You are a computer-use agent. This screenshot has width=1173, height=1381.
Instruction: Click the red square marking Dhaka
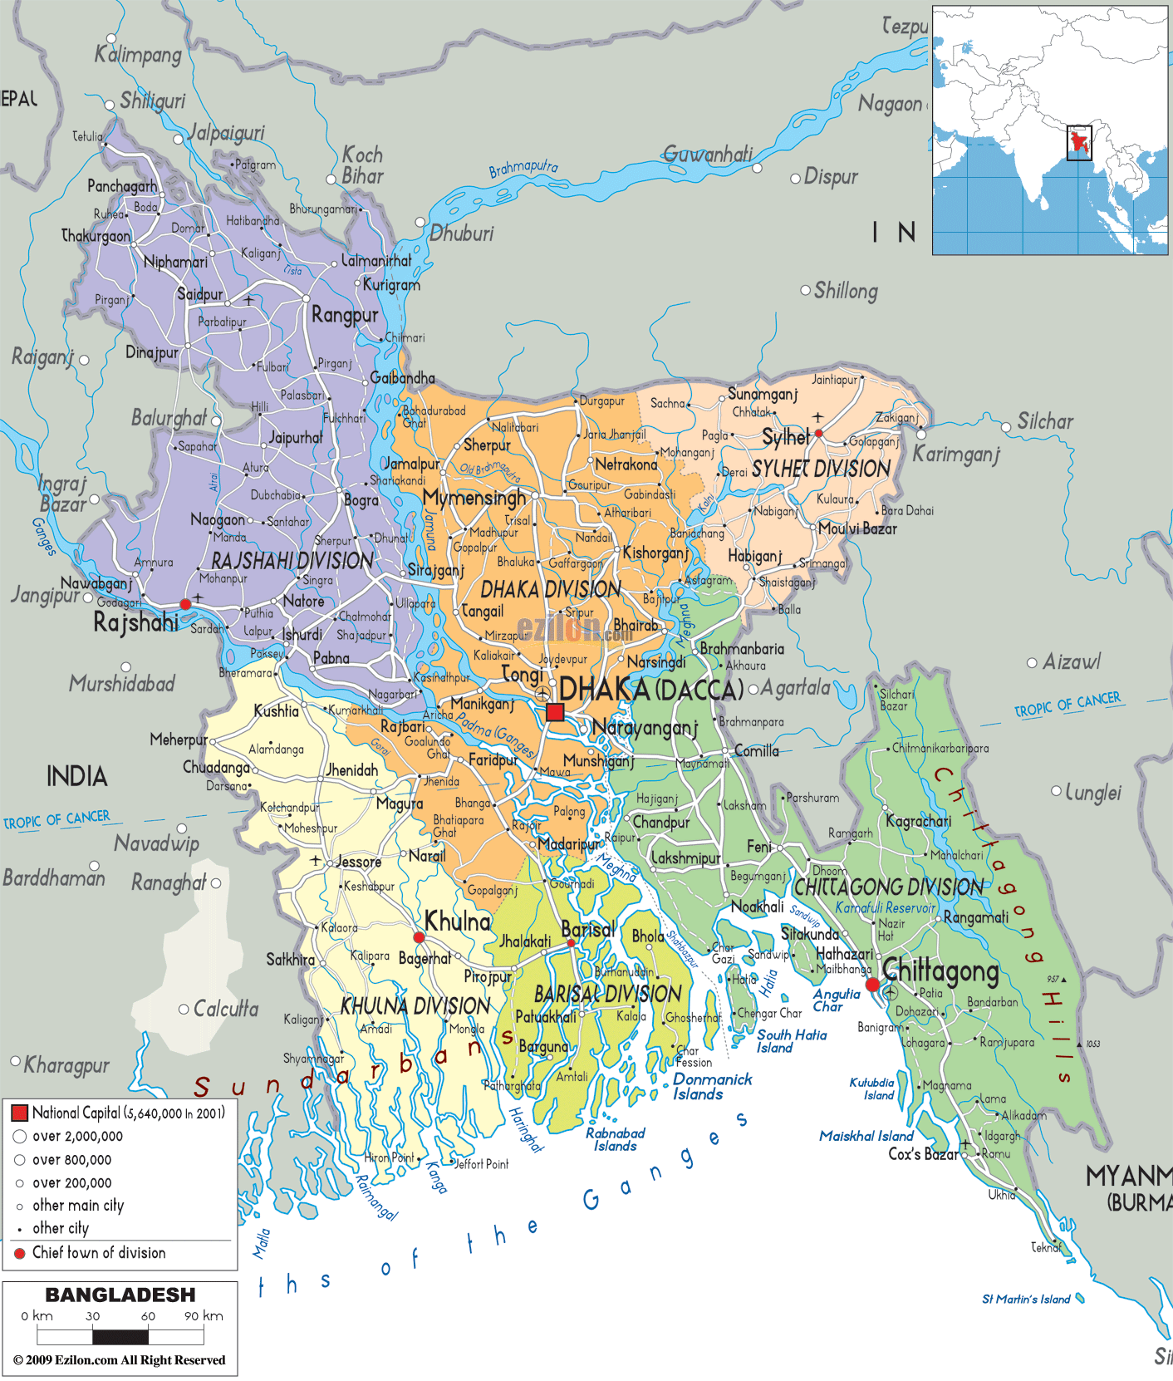[555, 712]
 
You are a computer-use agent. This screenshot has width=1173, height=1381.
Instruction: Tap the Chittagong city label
[940, 970]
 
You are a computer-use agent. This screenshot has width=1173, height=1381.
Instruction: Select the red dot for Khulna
[419, 937]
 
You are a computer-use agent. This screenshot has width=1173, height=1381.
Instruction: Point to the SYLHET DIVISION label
[821, 469]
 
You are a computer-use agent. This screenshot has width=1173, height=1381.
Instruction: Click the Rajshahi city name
[135, 622]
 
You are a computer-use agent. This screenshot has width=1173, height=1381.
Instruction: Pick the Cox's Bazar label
[923, 1153]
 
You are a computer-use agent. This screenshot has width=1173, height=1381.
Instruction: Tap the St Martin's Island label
[1026, 1299]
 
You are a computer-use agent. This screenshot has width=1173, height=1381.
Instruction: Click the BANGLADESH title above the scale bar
[120, 1295]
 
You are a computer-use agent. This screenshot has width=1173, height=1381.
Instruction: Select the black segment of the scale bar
[120, 1337]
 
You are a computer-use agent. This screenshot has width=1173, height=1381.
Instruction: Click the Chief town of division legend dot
[20, 1253]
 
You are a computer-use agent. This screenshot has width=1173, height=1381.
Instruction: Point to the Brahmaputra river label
[523, 169]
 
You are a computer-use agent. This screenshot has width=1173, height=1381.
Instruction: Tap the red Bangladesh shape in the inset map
[1079, 143]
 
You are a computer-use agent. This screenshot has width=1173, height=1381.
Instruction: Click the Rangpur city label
[345, 315]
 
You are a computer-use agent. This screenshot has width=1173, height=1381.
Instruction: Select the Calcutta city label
[225, 1009]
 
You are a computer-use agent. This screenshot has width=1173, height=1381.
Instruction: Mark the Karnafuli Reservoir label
[886, 907]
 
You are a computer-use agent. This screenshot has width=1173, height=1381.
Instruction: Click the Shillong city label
[845, 291]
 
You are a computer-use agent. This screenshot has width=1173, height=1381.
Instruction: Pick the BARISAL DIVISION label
[607, 994]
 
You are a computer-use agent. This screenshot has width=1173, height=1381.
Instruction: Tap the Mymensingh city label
[474, 498]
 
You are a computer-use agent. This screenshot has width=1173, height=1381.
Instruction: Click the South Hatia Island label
[791, 1041]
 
